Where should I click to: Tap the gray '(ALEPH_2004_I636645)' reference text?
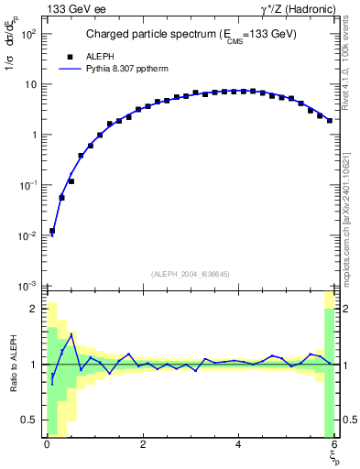pos(190,274)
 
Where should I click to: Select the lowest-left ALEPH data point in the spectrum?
pos(52,232)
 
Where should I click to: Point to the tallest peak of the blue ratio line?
pos(71,334)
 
